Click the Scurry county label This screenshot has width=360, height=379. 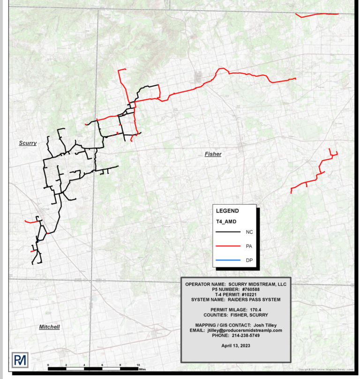[28, 143]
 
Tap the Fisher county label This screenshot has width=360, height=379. [213, 154]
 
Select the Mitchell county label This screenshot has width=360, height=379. [49, 327]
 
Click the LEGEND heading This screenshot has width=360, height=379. [227, 211]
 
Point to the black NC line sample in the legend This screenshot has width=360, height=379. [227, 232]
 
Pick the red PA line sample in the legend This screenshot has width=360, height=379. [227, 246]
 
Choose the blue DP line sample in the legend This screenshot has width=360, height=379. [227, 260]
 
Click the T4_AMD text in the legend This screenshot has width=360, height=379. [225, 221]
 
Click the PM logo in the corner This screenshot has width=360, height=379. [20, 360]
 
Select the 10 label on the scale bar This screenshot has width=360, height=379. [138, 364]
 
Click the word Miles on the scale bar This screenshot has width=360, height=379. [142, 369]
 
